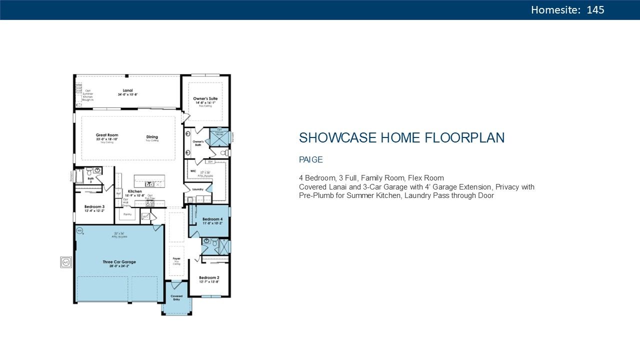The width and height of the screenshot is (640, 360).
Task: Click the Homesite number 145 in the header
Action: pos(595,10)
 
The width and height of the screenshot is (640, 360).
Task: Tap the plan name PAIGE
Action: pos(311,160)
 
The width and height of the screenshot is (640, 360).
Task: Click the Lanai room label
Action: pos(127,90)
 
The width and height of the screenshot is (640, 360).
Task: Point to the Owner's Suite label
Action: pos(205,99)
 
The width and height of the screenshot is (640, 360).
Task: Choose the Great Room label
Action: pos(107,135)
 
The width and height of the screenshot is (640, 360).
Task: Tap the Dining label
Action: pos(152,137)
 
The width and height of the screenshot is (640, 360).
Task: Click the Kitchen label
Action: pos(134,191)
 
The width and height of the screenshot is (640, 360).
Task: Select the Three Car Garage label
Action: pos(119,262)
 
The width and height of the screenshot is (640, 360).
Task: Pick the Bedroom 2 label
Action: pos(209,277)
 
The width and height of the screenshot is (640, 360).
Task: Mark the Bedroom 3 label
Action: pos(94,206)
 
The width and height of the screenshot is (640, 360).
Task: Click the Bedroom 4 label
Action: pos(212,219)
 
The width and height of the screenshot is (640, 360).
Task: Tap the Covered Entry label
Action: pos(176,297)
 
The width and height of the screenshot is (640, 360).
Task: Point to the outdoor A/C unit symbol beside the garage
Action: pos(66,261)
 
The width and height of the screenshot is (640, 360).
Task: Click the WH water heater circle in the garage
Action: pos(79,230)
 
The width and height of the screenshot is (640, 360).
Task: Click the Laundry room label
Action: pos(197,189)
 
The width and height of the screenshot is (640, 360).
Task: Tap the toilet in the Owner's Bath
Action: pos(226,152)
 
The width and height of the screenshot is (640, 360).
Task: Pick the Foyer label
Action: pos(176,258)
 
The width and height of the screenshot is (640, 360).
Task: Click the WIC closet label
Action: pos(192,170)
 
